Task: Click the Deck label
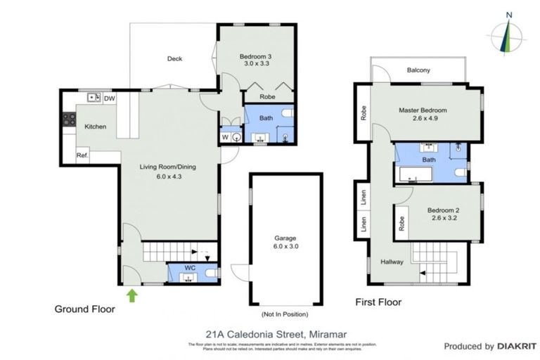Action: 174,59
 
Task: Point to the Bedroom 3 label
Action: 256,58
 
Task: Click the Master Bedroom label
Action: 423,114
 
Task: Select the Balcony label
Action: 418,70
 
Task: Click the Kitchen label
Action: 96,127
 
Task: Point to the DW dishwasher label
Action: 109,98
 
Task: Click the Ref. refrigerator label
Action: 82,155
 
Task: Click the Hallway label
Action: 392,262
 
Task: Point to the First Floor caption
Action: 378,302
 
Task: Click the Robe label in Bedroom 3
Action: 267,97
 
